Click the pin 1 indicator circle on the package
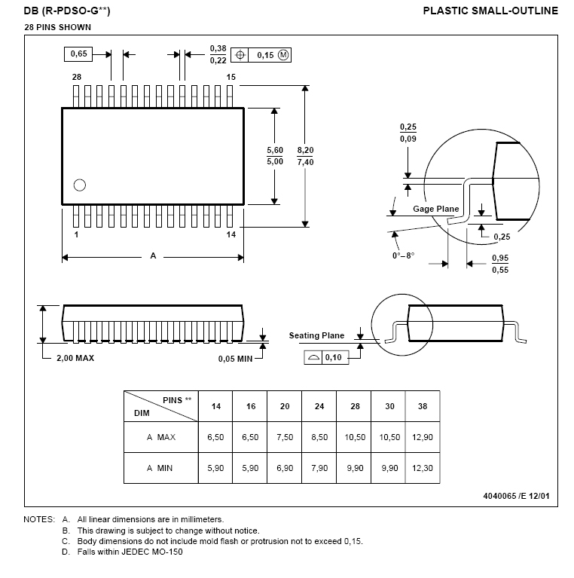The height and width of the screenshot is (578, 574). coord(80,185)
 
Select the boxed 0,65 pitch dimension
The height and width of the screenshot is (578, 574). coord(78,54)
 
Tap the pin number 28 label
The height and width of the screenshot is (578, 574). coord(77,77)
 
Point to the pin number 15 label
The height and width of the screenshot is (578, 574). coord(231,77)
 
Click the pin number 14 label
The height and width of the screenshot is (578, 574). coord(231,234)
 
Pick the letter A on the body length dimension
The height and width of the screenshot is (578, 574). coord(153,255)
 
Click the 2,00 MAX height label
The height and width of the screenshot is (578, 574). coord(75,358)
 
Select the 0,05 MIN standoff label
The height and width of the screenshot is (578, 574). coord(236,359)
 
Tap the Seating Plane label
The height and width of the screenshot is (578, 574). coord(316,335)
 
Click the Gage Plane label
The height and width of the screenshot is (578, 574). coord(436,209)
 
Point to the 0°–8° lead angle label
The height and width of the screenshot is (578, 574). coord(404,255)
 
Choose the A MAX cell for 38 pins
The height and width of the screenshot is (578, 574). coord(423,437)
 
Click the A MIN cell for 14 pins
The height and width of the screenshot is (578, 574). coord(215,468)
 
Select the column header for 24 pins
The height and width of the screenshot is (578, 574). coord(319,406)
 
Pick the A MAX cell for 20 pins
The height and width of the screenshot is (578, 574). coord(285,437)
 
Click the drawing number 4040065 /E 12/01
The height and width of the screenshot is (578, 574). coord(516,496)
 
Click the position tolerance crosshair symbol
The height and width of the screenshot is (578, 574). coord(240,55)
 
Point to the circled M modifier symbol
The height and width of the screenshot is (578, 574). coord(283,55)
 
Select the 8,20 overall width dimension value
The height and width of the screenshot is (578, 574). coord(305,150)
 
